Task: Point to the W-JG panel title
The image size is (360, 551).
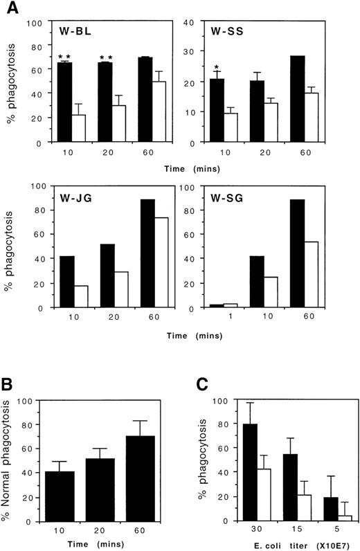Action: tap(62, 196)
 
